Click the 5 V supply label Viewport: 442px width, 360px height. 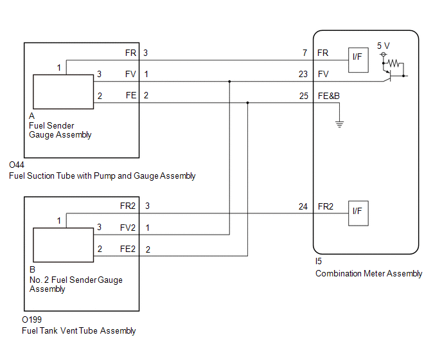coord(384,46)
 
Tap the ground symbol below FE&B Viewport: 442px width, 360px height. coord(339,124)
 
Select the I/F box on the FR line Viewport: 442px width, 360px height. coord(358,60)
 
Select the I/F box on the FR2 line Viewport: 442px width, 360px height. coord(358,213)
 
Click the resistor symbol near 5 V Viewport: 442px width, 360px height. coord(393,63)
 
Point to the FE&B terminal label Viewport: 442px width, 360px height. coord(329,96)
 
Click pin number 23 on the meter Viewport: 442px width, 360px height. coord(303,74)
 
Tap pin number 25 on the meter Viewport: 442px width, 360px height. coord(304,96)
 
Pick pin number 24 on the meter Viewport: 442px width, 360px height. coord(303,206)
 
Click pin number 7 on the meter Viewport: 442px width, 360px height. coord(305,53)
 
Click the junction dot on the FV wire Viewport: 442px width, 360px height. coord(229,82)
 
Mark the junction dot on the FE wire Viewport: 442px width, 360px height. coord(248,103)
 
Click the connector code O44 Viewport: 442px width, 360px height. coord(17,165)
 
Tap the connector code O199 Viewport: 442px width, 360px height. coord(31,319)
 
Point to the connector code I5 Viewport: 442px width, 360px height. coord(319,261)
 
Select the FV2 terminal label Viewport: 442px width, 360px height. coord(128,228)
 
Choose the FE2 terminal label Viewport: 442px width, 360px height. coord(128,249)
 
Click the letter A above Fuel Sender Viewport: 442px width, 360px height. coord(32,116)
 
